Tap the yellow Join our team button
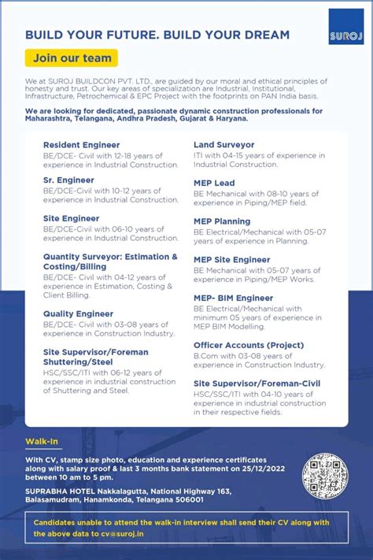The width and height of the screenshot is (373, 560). coord(71,57)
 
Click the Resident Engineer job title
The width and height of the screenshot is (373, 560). coord(81,145)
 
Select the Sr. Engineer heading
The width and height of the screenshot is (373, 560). coord(68,180)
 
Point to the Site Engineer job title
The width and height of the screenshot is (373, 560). coord(72,218)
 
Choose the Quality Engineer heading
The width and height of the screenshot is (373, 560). coord(78,313)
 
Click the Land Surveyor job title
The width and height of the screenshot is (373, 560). coord(223,145)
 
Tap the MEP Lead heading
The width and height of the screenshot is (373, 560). coord(214,183)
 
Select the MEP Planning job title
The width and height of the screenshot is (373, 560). coord(222,221)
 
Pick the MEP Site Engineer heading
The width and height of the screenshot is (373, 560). coord(231,259)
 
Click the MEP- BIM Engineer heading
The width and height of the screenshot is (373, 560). coord(233,298)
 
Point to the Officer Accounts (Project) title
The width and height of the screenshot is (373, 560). coord(249,345)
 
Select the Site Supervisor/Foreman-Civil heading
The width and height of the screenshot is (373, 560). coord(257,384)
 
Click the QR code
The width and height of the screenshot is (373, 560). coord(324,476)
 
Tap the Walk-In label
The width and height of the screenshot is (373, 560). coord(42,442)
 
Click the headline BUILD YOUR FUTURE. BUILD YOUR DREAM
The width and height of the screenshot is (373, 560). coord(157,35)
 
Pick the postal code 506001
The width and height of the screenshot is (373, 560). coord(186,499)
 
